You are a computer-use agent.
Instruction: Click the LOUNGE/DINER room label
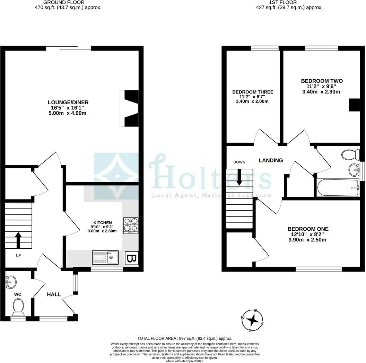68,102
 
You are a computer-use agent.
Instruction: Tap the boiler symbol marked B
131,259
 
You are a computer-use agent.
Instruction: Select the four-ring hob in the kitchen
131,224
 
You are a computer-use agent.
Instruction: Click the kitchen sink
105,257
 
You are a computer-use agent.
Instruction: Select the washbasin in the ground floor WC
11,282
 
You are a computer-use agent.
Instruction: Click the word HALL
54,294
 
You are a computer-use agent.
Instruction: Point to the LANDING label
271,160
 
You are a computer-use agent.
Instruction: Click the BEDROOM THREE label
253,92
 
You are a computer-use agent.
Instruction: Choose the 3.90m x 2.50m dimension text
308,240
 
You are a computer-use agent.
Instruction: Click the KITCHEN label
103,222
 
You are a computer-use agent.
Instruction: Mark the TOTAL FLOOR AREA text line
185,338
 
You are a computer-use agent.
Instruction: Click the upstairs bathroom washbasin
354,169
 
